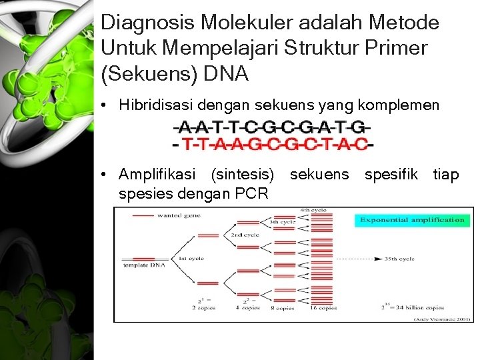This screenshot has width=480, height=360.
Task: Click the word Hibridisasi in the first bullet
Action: click(157, 105)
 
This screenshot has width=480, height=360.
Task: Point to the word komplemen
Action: click(408, 105)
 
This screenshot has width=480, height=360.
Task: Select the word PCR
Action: click(251, 194)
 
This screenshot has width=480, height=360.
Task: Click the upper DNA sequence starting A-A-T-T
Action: click(271, 127)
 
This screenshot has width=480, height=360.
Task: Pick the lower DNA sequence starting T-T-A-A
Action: click(272, 143)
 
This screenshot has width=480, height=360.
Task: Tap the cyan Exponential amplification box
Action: click(411, 219)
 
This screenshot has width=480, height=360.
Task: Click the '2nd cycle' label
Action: click(245, 235)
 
